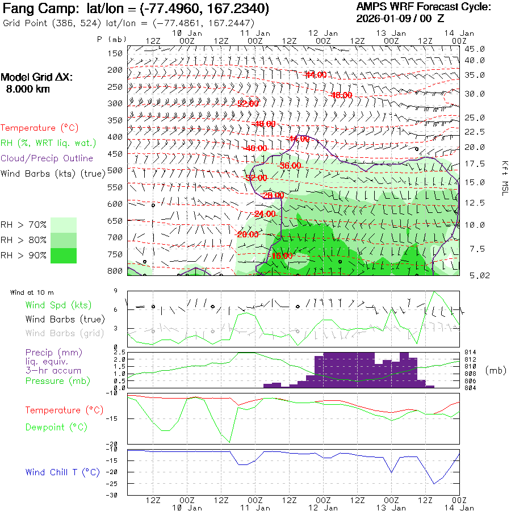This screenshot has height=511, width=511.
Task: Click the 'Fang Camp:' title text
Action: pos(43,10)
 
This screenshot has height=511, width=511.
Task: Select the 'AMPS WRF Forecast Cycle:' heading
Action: pos(423,7)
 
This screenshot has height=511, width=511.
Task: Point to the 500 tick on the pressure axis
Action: pos(116,170)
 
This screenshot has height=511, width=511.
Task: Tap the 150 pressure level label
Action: pos(116,53)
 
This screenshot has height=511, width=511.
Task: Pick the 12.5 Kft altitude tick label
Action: pos(474,203)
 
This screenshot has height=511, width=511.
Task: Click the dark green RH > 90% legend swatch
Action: pos(64,256)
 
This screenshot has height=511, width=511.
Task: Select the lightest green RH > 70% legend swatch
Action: pos(64,225)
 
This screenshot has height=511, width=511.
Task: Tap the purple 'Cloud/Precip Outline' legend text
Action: pos(47,158)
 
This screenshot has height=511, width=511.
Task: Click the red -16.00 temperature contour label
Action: pos(282,256)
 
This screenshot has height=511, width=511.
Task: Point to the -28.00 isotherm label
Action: pos(273,195)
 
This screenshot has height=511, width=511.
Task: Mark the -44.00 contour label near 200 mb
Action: pos(316,74)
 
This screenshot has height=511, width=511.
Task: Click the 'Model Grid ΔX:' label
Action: pos(37,78)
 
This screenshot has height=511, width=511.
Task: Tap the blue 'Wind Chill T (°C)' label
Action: pos(62,472)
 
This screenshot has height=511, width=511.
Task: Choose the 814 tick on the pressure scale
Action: pos(471,353)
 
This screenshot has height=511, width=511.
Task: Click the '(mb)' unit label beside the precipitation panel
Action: pos(496,370)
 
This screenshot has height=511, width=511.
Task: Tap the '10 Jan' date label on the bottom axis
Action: pos(187,508)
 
